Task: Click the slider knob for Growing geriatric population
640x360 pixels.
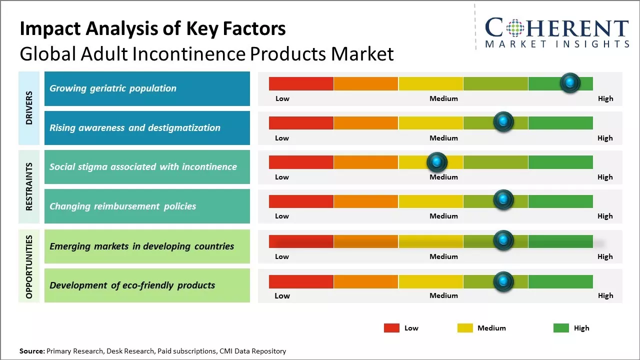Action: [570, 82]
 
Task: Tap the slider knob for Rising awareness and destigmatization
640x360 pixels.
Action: [503, 121]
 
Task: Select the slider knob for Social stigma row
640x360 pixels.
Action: [437, 161]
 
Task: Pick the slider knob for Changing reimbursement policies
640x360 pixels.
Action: [503, 200]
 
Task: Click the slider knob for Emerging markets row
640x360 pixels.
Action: [503, 240]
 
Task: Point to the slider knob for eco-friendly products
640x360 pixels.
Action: [503, 281]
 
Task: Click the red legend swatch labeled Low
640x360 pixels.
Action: [391, 328]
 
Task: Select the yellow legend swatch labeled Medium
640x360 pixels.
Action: [465, 328]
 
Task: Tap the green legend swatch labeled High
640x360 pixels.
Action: [561, 328]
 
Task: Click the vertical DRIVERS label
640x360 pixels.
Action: [29, 108]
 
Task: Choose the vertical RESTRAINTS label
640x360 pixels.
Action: [29, 186]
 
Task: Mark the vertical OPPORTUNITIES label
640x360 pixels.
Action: [29, 266]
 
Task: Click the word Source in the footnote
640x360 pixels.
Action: [31, 351]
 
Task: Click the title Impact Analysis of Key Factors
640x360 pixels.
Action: [152, 29]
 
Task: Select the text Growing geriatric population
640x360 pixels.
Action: [113, 88]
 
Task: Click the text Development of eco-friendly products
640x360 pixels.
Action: [132, 285]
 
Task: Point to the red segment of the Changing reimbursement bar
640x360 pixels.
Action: [301, 201]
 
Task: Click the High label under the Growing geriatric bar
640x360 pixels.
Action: [605, 98]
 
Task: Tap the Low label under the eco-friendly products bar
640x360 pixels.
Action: [282, 295]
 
